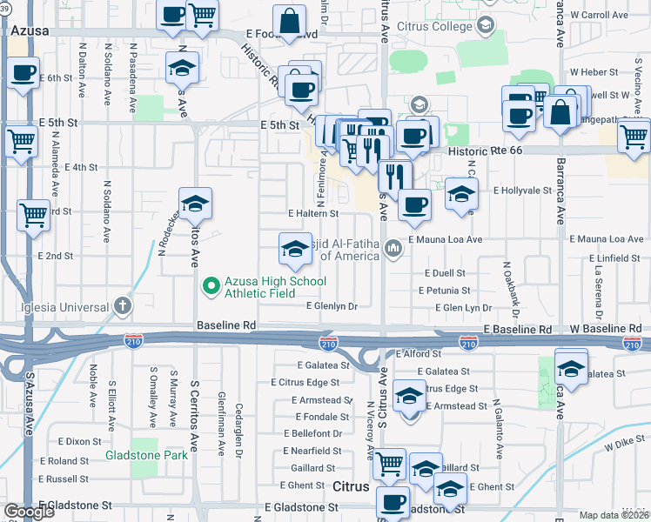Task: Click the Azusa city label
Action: [x=30, y=30]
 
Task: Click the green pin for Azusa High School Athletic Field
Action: [x=210, y=285]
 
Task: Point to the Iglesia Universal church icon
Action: [x=122, y=305]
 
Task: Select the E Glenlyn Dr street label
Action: [x=332, y=306]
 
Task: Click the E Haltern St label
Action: [x=312, y=213]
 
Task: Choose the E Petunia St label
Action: [x=444, y=291]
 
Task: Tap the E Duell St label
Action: [x=447, y=273]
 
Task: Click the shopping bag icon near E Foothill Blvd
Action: [x=288, y=20]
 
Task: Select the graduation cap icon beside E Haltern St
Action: [x=196, y=205]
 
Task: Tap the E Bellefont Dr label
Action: [x=312, y=433]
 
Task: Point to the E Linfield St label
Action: [x=614, y=259]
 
